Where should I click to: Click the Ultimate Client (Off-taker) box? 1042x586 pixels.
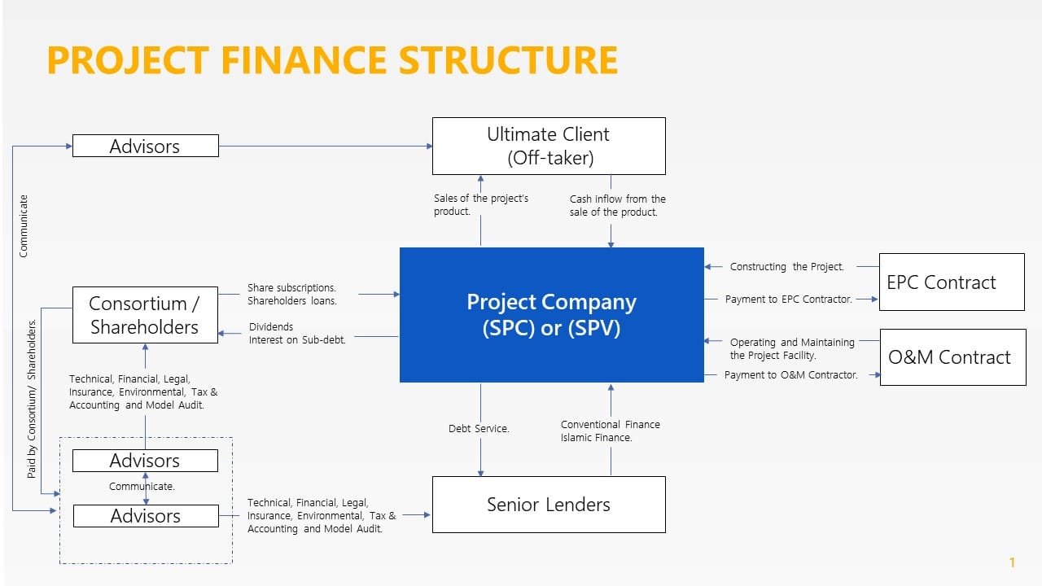click(548, 146)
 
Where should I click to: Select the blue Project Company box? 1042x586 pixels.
click(551, 314)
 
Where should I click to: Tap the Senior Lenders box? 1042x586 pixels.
click(548, 505)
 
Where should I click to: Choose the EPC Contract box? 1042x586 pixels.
click(951, 282)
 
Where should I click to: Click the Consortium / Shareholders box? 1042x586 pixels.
click(145, 315)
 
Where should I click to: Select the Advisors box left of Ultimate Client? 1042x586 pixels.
click(145, 146)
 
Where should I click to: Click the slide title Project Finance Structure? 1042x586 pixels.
click(332, 61)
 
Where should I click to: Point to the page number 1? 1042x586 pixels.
click(1012, 562)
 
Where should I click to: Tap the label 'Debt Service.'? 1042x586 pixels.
click(479, 429)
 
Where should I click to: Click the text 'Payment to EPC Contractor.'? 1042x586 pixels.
click(788, 300)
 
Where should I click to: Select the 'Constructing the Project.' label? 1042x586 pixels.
click(786, 267)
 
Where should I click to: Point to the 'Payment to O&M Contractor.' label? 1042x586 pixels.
click(790, 375)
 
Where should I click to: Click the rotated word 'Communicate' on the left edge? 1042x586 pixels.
click(24, 225)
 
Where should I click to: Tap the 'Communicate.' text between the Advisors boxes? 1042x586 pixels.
click(142, 487)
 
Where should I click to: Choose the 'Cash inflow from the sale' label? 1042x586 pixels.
click(617, 206)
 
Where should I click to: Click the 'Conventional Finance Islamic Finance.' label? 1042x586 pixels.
click(610, 431)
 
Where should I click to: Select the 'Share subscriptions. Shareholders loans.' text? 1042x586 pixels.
click(291, 295)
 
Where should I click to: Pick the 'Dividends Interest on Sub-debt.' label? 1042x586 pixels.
click(297, 334)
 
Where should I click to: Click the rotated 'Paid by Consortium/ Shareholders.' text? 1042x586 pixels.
click(33, 398)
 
